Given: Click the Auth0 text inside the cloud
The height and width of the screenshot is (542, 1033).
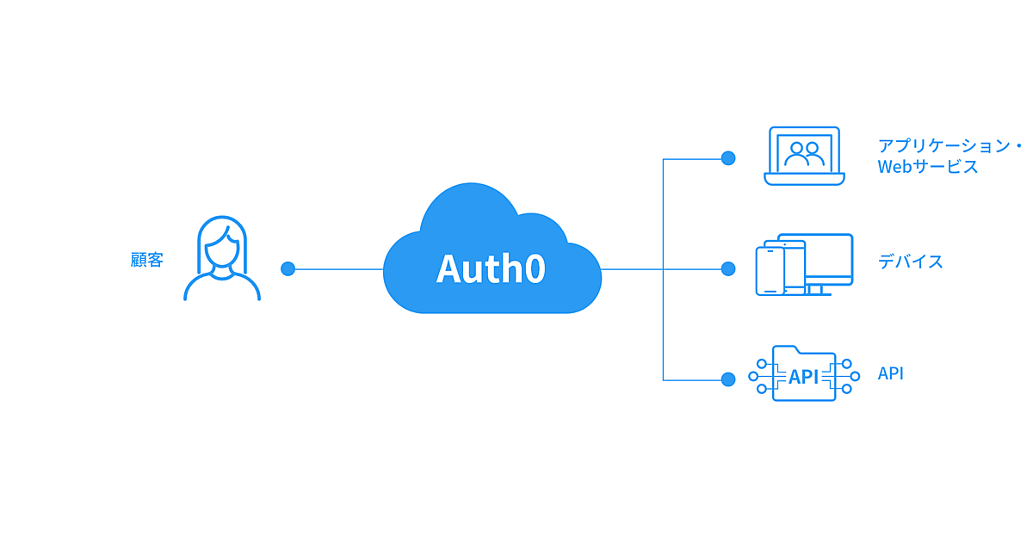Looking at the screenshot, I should [x=491, y=268].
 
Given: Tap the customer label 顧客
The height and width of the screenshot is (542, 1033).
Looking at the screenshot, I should [x=147, y=260].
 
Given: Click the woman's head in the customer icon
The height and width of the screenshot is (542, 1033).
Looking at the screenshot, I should [x=222, y=245].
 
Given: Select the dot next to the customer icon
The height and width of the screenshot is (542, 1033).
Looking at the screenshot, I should [x=288, y=268].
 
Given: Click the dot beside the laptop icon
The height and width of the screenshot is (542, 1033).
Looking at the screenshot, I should [x=728, y=158].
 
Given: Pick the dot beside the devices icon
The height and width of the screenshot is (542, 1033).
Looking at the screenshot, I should [x=728, y=268].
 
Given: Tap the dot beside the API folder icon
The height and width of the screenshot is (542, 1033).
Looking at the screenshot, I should [x=728, y=379].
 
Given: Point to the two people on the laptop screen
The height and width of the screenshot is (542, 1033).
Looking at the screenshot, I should [x=805, y=153].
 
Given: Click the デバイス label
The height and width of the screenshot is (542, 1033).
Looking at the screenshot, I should [x=911, y=262].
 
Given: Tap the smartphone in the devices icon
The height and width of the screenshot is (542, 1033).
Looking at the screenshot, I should [x=770, y=271].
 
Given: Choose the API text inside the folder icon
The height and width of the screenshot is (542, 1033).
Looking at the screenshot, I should [x=804, y=377].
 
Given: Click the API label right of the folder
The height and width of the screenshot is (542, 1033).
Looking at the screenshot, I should [x=891, y=373].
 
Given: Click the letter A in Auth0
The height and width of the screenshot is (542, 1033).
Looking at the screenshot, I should [x=449, y=268].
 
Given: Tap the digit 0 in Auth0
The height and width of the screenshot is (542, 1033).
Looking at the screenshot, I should [x=535, y=268].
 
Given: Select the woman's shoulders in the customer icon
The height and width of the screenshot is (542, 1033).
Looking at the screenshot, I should [x=222, y=287].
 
